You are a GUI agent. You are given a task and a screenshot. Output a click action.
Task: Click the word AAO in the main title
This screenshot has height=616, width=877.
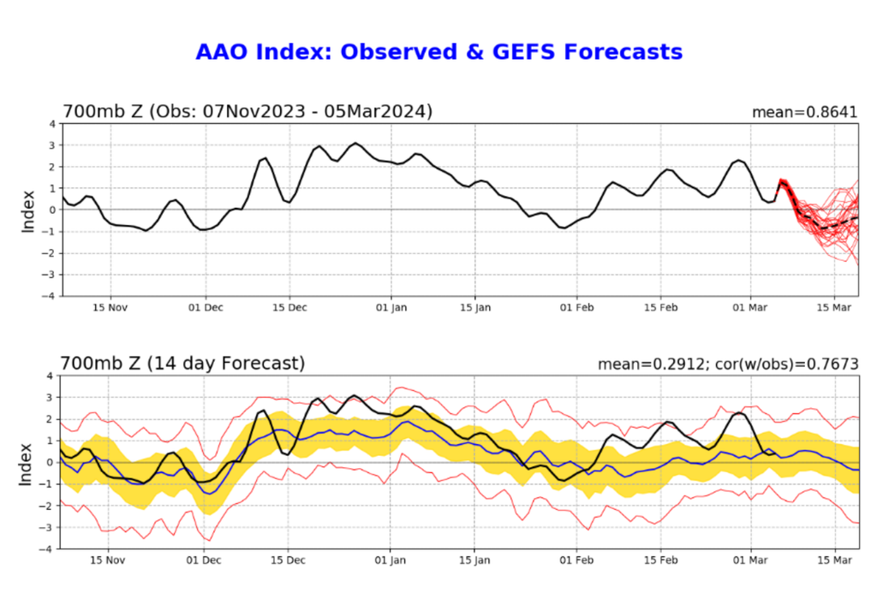point(221,52)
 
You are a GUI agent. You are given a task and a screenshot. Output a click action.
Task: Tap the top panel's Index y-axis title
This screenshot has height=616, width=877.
point(28,210)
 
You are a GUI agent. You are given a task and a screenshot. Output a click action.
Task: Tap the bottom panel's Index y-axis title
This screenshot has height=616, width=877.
point(28,462)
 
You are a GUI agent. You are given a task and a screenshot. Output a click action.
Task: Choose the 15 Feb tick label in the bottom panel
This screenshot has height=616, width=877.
point(660,561)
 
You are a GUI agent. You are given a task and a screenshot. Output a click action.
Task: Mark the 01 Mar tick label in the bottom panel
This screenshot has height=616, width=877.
point(750,561)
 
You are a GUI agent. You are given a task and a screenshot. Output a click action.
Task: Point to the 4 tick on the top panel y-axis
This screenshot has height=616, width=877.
point(52,123)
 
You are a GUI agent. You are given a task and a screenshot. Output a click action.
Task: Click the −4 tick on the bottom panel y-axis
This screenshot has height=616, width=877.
point(50,548)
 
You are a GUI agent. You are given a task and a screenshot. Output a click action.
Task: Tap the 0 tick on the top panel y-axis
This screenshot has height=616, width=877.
point(52,210)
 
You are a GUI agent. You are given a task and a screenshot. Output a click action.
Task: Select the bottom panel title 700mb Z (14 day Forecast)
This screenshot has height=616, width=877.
point(183,364)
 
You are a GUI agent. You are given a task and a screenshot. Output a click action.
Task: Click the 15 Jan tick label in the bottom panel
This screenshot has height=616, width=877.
point(474,561)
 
